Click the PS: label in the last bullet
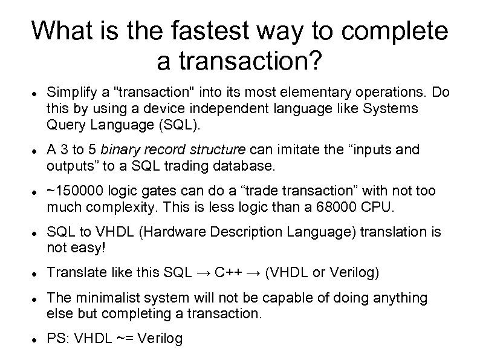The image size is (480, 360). click(x=59, y=339)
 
